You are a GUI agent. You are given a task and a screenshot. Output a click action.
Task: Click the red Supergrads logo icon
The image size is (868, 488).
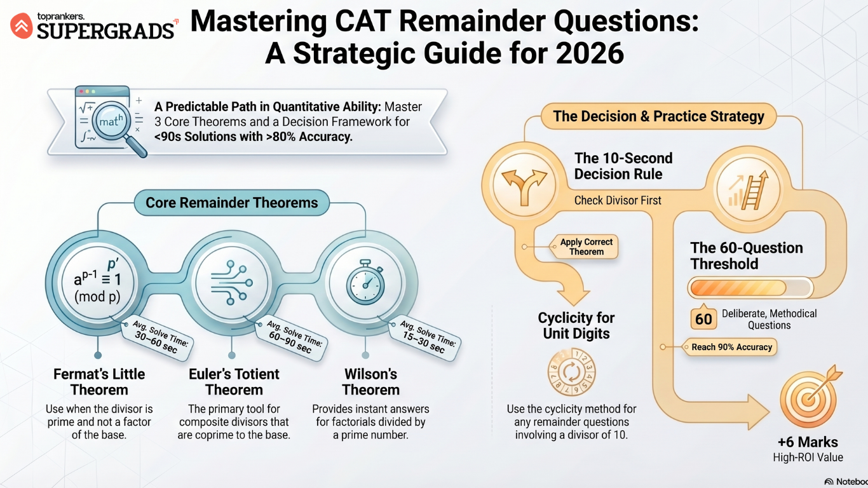click(x=22, y=25)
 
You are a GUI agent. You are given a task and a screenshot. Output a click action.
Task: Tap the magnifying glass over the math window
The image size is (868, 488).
click(x=116, y=126)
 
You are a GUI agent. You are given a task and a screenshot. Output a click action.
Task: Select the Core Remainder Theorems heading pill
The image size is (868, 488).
click(x=232, y=202)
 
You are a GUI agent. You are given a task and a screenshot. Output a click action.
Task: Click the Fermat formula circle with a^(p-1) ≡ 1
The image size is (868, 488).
click(x=98, y=282)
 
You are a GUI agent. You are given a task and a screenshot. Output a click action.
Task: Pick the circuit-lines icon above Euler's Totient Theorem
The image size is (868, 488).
click(x=232, y=282)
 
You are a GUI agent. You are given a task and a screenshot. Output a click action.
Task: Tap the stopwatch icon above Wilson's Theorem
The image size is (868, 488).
click(x=365, y=281)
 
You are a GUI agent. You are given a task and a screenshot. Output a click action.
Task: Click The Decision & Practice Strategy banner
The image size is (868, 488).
click(x=658, y=116)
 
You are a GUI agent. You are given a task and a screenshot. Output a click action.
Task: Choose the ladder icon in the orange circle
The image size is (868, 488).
click(x=749, y=189)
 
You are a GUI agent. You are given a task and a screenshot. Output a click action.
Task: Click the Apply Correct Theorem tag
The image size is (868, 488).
click(x=585, y=247)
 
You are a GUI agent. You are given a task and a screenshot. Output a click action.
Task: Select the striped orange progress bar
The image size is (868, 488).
click(x=750, y=288)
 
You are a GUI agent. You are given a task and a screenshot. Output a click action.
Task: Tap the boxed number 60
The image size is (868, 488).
click(x=703, y=318)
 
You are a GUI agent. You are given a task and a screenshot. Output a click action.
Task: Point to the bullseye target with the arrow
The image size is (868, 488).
click(x=809, y=397)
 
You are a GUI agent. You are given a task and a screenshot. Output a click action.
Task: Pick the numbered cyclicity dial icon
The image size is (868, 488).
click(x=571, y=372)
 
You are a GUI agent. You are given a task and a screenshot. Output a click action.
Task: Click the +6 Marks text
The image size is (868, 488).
click(x=808, y=442)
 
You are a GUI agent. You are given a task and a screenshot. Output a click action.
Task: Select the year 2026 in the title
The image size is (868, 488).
click(x=590, y=53)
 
